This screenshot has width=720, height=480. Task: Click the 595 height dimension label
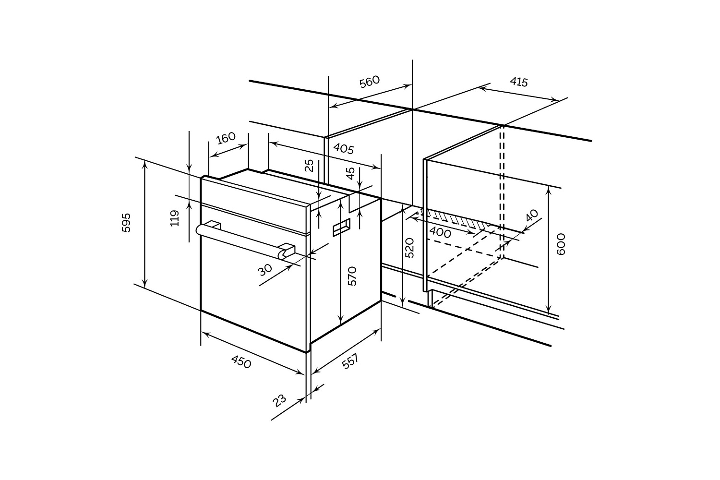[x=126, y=222]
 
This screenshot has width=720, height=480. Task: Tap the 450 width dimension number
[x=241, y=362]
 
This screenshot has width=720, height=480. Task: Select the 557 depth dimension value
[x=350, y=361]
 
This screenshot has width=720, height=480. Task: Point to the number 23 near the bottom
[x=279, y=401]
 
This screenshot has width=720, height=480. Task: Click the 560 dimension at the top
[x=370, y=82]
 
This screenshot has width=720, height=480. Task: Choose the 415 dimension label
[x=519, y=82]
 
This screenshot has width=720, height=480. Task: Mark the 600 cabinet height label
[x=561, y=244]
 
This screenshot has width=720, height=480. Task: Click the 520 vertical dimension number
[x=409, y=248]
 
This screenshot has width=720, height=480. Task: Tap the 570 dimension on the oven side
[x=352, y=276]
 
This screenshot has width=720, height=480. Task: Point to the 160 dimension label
[x=226, y=138]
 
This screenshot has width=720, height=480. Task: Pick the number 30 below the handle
[x=265, y=270]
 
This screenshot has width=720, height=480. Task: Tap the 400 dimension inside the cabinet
[x=440, y=232]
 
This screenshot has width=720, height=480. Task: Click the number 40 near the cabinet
[x=532, y=216]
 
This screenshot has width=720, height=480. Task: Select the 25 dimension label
[x=309, y=166]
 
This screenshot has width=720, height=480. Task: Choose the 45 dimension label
[x=351, y=173]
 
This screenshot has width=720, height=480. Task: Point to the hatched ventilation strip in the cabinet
[x=456, y=219]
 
